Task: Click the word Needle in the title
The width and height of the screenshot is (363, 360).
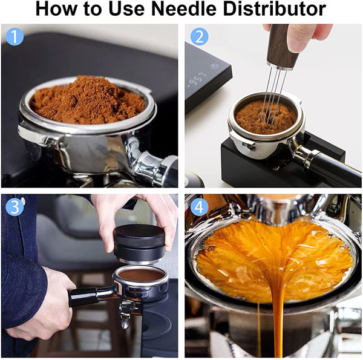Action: point(183,9)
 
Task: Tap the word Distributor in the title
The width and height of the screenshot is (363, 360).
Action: point(275,9)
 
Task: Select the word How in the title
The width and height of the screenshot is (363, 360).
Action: point(56,9)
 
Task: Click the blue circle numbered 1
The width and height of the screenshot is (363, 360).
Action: point(15,36)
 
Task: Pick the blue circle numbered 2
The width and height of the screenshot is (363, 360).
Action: point(199,36)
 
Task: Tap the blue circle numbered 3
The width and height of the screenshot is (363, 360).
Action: point(15,207)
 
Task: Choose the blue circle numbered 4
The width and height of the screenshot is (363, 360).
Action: point(199,207)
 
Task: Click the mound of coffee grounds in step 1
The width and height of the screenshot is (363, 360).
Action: point(88,100)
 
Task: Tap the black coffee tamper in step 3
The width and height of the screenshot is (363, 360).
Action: point(139,244)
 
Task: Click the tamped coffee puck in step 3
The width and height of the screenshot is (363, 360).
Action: point(142,275)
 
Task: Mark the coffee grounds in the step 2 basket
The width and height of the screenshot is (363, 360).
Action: point(266,117)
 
